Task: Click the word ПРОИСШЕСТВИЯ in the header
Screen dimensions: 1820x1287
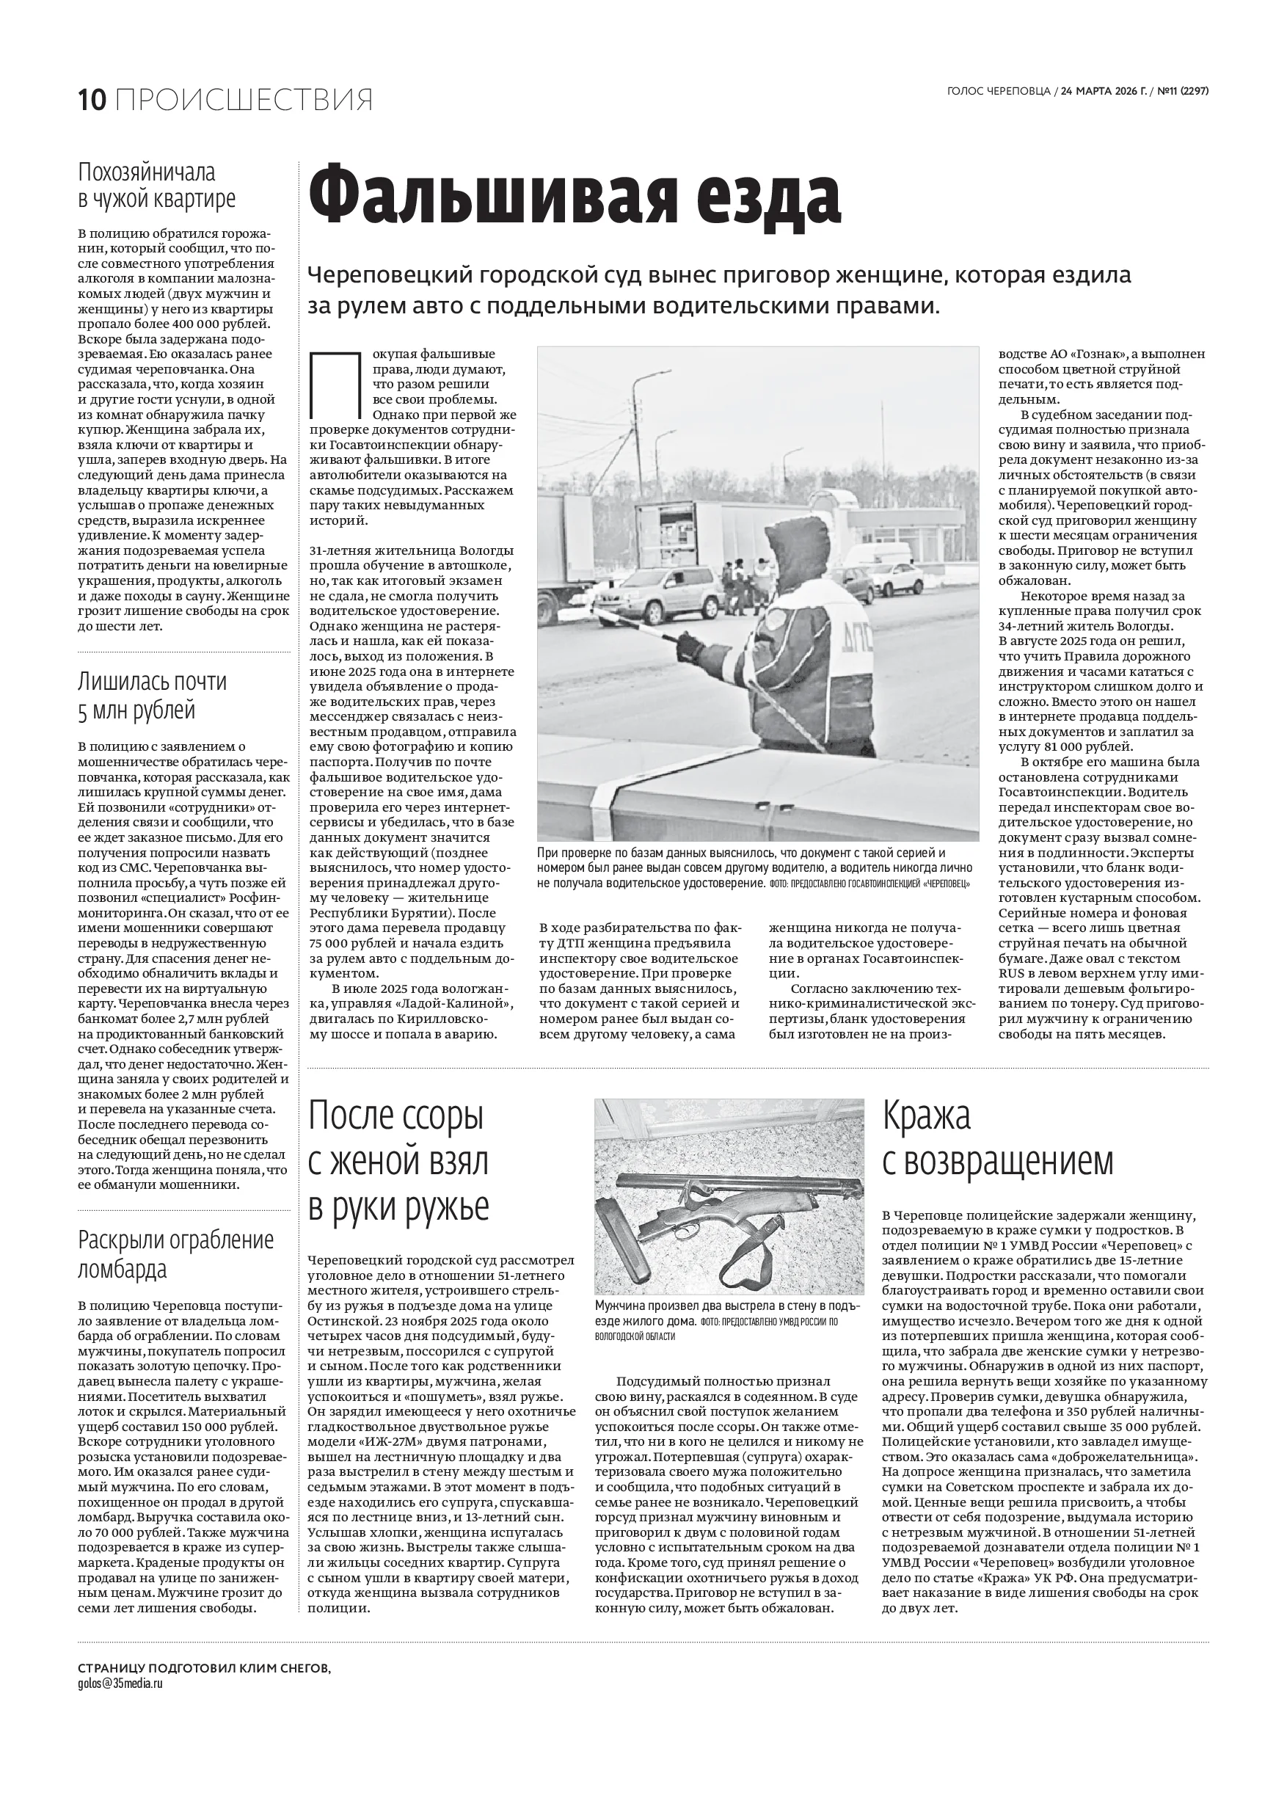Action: (x=244, y=100)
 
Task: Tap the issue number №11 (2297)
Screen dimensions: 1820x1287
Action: (x=1184, y=91)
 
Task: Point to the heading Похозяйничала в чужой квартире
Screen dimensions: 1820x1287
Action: (x=157, y=186)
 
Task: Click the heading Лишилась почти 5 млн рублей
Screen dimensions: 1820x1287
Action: (x=152, y=695)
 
